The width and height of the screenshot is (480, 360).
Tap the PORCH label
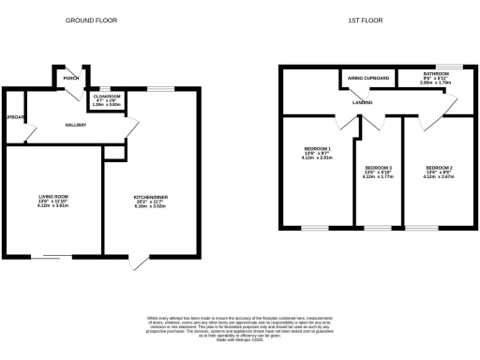70,78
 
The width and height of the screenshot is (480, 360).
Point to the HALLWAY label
76,125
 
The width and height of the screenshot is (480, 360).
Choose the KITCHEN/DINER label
150,198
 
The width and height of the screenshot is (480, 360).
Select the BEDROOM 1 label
317,149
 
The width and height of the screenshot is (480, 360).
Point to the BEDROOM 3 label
379,170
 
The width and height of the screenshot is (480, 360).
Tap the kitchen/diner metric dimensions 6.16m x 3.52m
150,208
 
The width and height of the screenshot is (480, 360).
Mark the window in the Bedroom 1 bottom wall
315,228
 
